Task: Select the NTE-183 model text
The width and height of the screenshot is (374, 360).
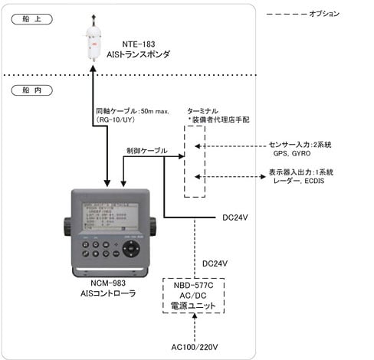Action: point(140,44)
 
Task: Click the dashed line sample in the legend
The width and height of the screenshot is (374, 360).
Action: point(284,14)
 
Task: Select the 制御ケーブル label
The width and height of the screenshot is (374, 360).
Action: point(146,150)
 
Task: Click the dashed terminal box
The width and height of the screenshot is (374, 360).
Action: point(195,162)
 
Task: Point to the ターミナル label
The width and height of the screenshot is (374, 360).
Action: point(203,110)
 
